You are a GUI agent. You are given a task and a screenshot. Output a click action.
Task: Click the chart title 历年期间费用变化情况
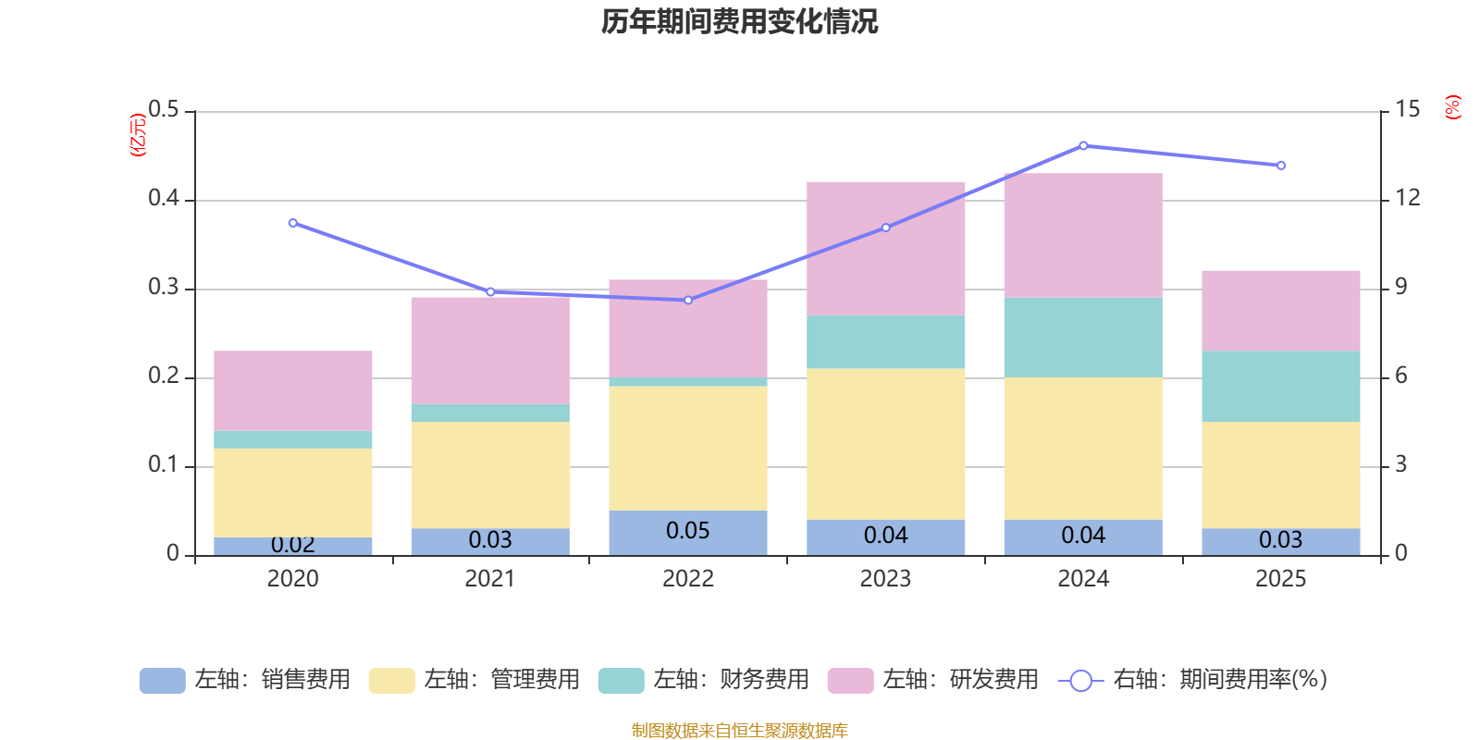pyautogui.click(x=739, y=22)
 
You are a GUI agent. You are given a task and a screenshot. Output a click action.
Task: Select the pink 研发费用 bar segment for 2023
pyautogui.click(x=885, y=249)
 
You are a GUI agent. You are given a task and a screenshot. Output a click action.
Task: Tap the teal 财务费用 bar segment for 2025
pyautogui.click(x=1280, y=387)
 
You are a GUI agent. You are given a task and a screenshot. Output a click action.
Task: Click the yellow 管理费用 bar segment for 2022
pyautogui.click(x=688, y=448)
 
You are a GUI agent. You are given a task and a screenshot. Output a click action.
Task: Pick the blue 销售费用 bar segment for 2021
pyautogui.click(x=490, y=542)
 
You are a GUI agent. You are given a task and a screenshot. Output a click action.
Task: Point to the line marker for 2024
pyautogui.click(x=1083, y=145)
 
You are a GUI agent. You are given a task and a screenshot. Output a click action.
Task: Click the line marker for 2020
pyautogui.click(x=292, y=223)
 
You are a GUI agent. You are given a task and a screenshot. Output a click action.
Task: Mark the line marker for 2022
pyautogui.click(x=688, y=300)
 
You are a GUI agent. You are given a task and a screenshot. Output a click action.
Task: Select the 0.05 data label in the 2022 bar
pyautogui.click(x=688, y=531)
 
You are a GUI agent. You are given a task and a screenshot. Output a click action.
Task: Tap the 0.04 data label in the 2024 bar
pyautogui.click(x=1083, y=536)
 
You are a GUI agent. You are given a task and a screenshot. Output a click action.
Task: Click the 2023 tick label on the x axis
pyautogui.click(x=885, y=579)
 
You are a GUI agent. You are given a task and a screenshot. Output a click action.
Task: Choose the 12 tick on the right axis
pyautogui.click(x=1407, y=198)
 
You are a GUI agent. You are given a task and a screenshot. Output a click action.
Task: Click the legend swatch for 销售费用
pyautogui.click(x=163, y=681)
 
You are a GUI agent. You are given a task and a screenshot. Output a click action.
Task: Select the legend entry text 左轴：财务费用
pyautogui.click(x=732, y=680)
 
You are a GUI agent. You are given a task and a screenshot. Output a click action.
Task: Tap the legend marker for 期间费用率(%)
pyautogui.click(x=1081, y=681)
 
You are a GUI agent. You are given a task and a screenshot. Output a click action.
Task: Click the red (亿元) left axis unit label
pyautogui.click(x=138, y=135)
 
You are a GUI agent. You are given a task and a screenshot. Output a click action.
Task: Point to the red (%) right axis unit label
pyautogui.click(x=1453, y=107)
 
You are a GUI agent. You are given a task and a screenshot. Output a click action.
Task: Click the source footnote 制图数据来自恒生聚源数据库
pyautogui.click(x=739, y=730)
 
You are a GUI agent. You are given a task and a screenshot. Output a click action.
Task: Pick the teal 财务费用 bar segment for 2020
pyautogui.click(x=292, y=440)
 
